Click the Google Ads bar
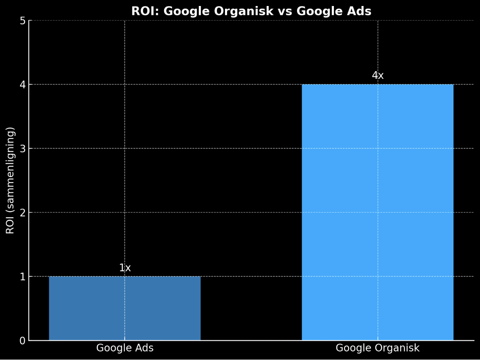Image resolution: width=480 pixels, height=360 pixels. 125,308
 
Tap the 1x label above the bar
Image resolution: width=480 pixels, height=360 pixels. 125,268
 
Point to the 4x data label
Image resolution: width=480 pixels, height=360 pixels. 378,76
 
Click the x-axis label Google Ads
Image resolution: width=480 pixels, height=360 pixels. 125,348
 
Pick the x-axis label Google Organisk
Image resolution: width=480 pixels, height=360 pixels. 378,348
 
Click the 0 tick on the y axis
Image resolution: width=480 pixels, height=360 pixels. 23,341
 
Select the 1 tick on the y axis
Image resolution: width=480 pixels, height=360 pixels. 23,277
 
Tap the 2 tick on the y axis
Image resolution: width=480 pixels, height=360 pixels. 23,213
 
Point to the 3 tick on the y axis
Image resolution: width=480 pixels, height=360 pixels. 23,149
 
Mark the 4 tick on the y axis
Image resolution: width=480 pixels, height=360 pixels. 23,85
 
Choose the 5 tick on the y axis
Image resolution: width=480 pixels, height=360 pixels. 23,21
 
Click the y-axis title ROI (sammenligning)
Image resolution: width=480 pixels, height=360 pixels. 11,180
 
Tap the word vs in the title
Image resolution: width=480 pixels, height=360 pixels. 285,12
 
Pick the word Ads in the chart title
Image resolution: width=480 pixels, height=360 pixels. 360,12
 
